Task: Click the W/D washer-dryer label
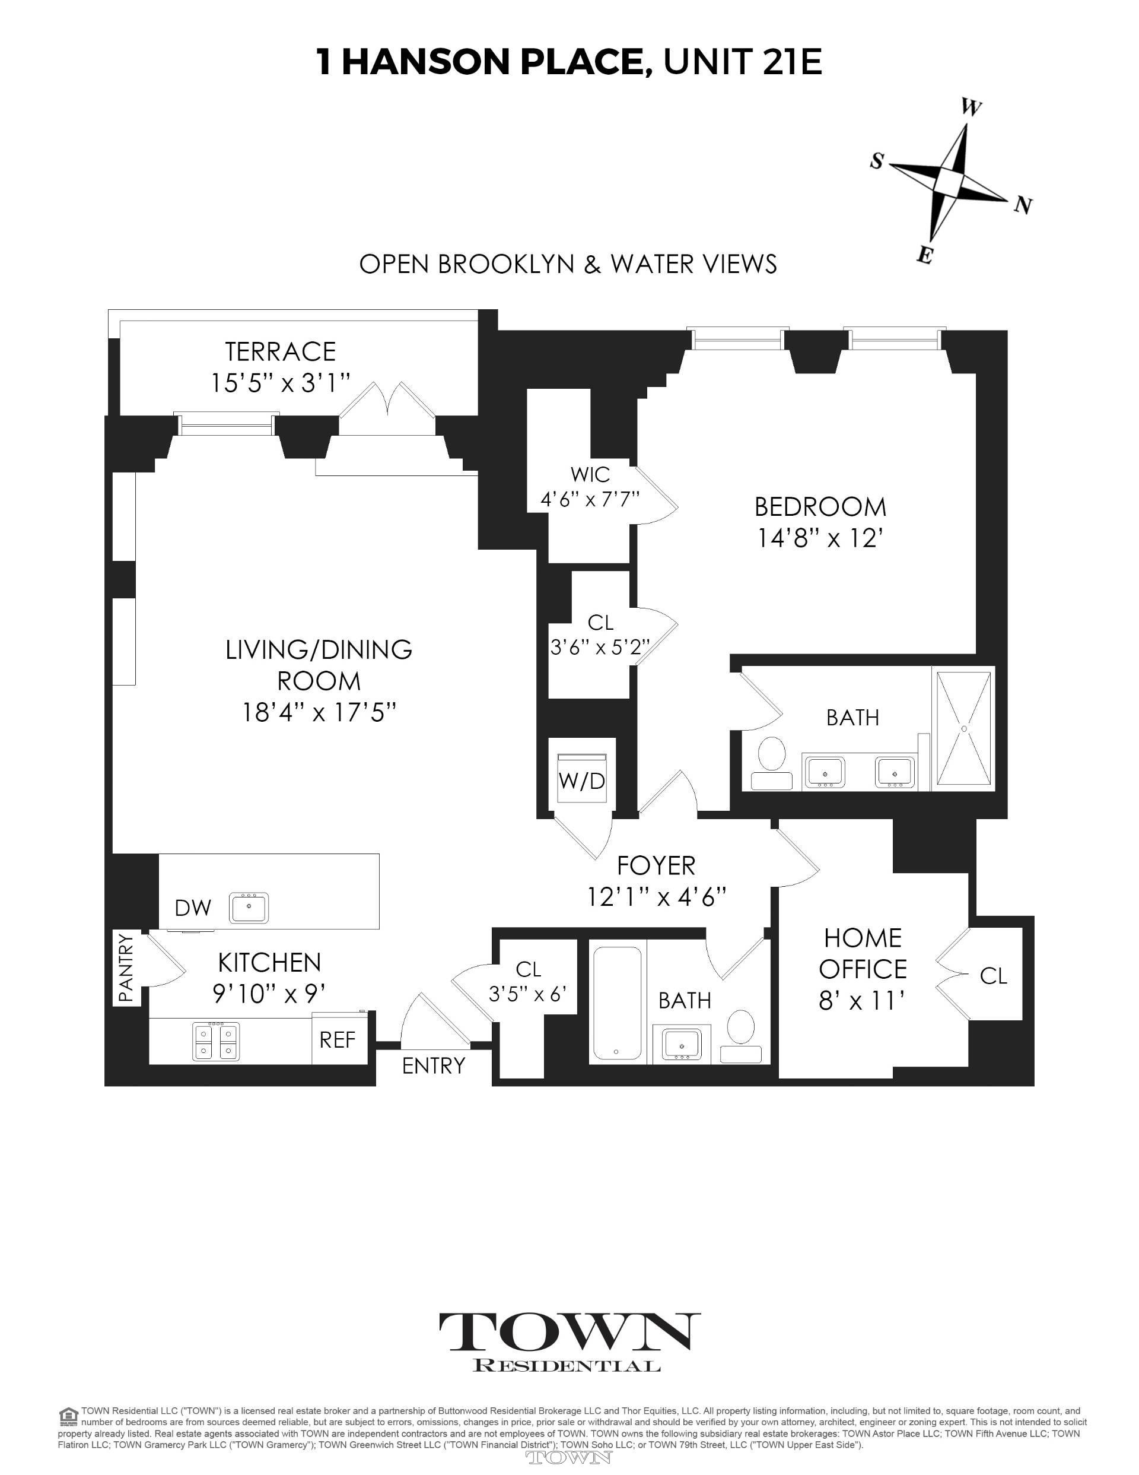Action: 581,781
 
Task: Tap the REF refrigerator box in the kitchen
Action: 337,1039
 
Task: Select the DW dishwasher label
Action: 193,908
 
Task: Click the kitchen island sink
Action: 249,907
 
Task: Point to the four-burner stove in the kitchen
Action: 216,1041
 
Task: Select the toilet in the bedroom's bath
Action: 772,759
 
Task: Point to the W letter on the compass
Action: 971,108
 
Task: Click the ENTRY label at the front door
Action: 433,1065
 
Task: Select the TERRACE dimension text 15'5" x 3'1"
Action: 280,383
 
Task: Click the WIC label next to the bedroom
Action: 590,474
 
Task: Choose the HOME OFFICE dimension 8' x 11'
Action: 862,1000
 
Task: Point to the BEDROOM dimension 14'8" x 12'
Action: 820,538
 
